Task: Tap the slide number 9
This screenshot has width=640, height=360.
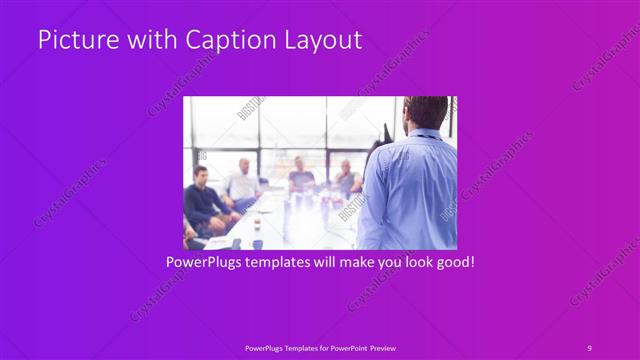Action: [589, 347]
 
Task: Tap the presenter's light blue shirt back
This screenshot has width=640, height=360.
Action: [410, 190]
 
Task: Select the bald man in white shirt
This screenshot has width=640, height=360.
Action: [241, 180]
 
